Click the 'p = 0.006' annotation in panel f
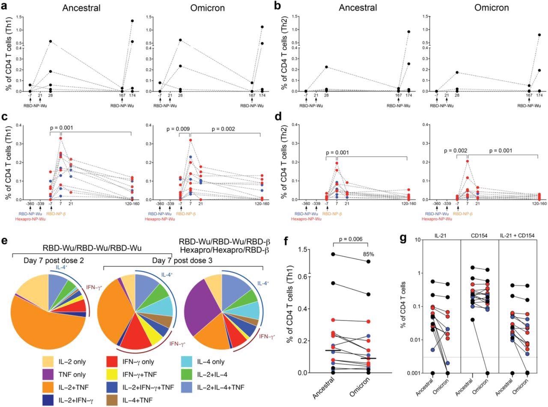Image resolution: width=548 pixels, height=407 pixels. [x=349, y=241]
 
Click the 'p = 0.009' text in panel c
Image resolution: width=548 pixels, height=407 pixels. [x=178, y=128]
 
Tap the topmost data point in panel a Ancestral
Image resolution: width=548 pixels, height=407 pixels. [x=132, y=21]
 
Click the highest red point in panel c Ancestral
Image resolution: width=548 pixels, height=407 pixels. [x=61, y=138]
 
